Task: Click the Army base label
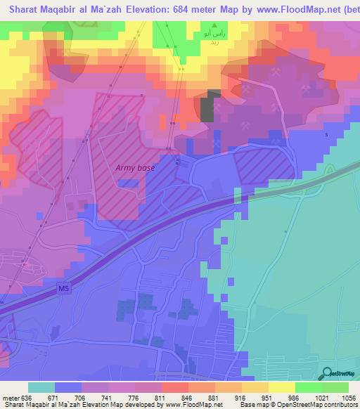coord(135,168)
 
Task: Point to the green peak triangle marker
coord(215,25)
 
